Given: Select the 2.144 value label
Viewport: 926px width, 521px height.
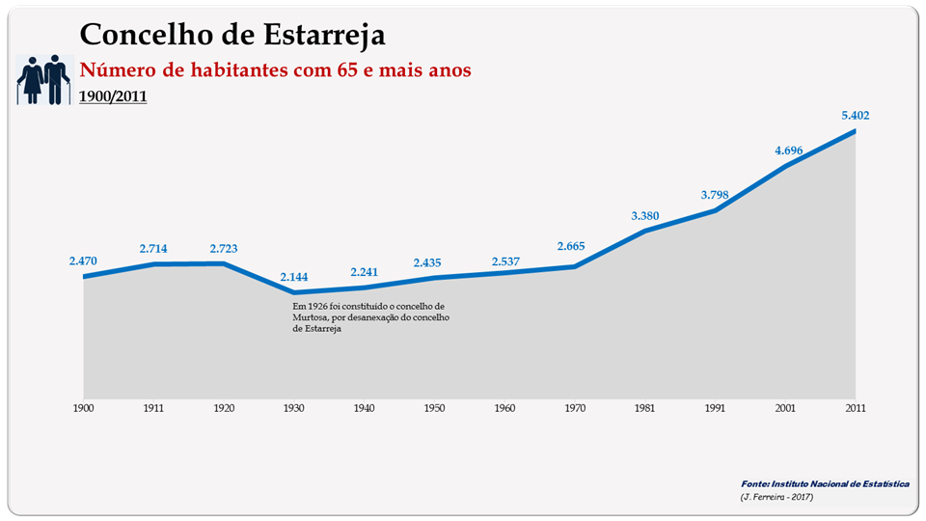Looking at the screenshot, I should pos(294,278).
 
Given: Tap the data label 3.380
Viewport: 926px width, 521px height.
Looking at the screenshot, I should pos(644,215).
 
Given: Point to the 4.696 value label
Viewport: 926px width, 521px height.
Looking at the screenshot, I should pos(785,150).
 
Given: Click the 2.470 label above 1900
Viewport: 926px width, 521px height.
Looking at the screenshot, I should pos(84,260).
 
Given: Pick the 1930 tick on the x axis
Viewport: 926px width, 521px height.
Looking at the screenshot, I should pos(294,408).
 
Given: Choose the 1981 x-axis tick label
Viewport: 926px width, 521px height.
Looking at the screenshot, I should pos(644,408).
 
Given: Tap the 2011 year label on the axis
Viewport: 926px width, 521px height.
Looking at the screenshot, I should pos(855,408).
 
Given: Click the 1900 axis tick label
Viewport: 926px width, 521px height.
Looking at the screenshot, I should pos(84,408).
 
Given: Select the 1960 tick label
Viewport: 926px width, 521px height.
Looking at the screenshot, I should pos(504,408).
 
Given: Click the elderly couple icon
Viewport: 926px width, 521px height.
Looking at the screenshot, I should pos(44,79).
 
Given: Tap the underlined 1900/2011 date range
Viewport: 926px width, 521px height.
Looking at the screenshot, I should pos(113,96).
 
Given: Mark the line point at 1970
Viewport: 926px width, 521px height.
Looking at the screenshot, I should pos(575,266).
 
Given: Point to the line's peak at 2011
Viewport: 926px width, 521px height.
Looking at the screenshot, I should pos(855,130).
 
